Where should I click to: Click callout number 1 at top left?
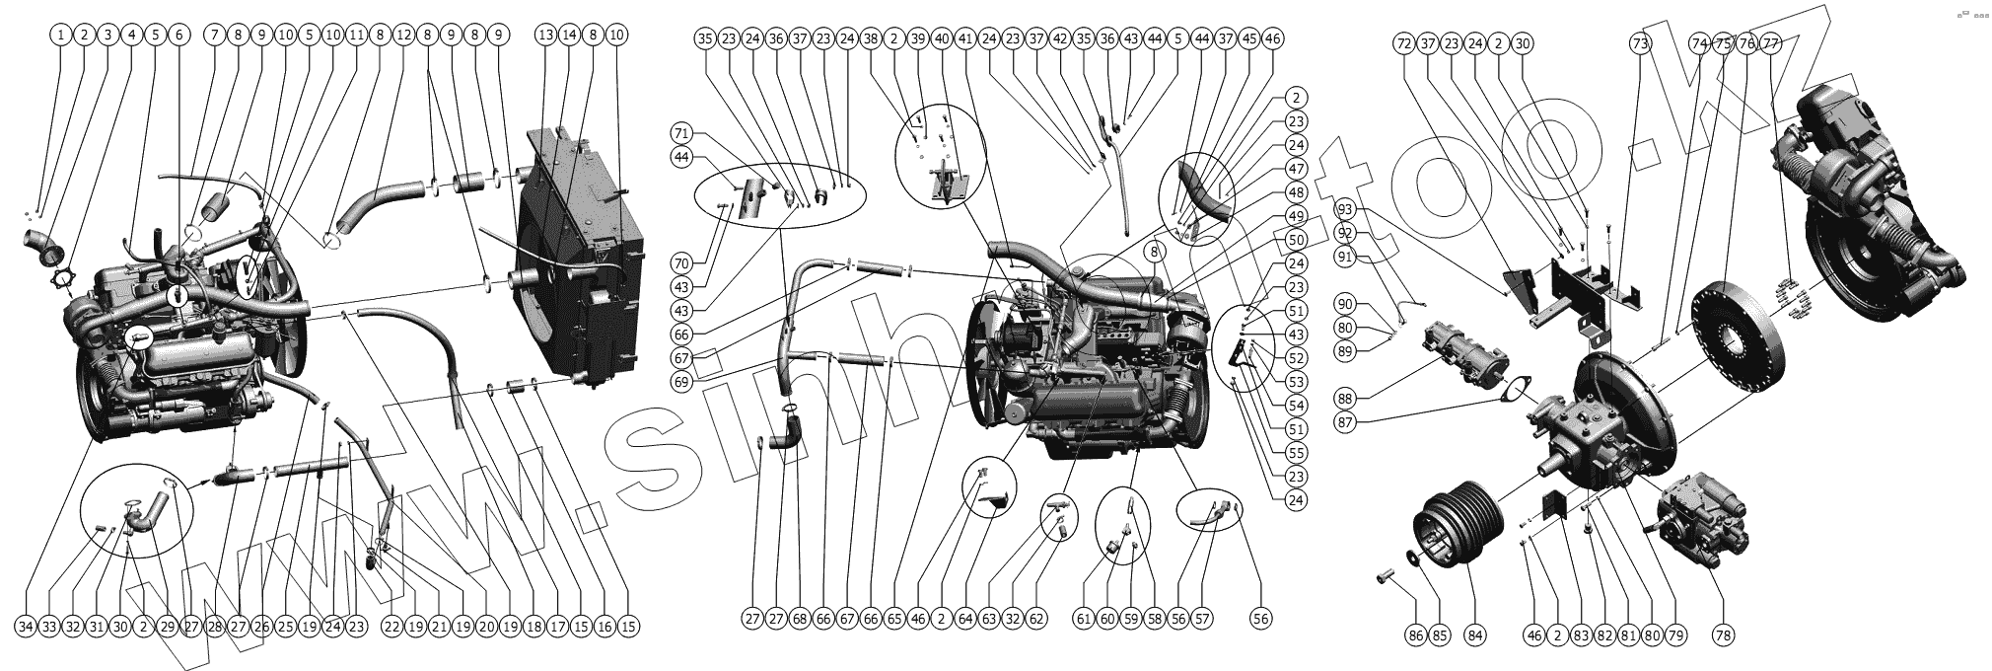[61, 35]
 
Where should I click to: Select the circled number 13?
[546, 35]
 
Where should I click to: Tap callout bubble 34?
[26, 627]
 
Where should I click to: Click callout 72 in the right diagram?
[1404, 43]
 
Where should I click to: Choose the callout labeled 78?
[1724, 636]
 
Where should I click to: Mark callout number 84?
[1474, 636]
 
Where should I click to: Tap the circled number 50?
[1297, 240]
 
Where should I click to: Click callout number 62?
[1036, 620]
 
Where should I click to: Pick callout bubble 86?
[1416, 636]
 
